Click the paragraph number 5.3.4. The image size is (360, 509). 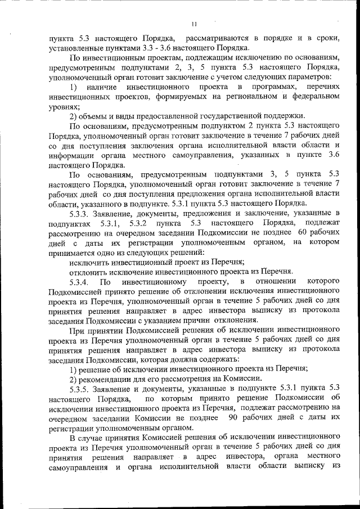pyautogui.click(x=79, y=281)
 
